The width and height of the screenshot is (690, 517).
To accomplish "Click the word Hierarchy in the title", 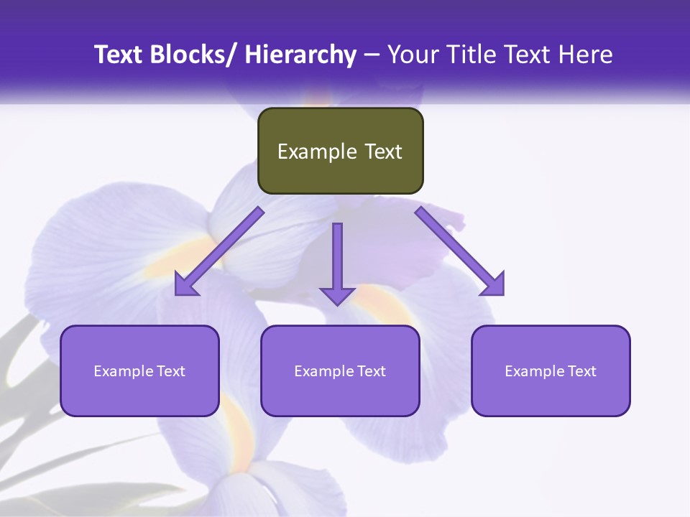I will click(x=300, y=55).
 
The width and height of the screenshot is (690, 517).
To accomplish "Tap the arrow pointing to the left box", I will click(x=219, y=251).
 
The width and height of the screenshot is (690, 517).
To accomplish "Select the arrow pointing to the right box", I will click(x=460, y=251).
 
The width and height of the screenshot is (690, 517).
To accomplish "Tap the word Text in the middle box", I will click(x=372, y=371).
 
